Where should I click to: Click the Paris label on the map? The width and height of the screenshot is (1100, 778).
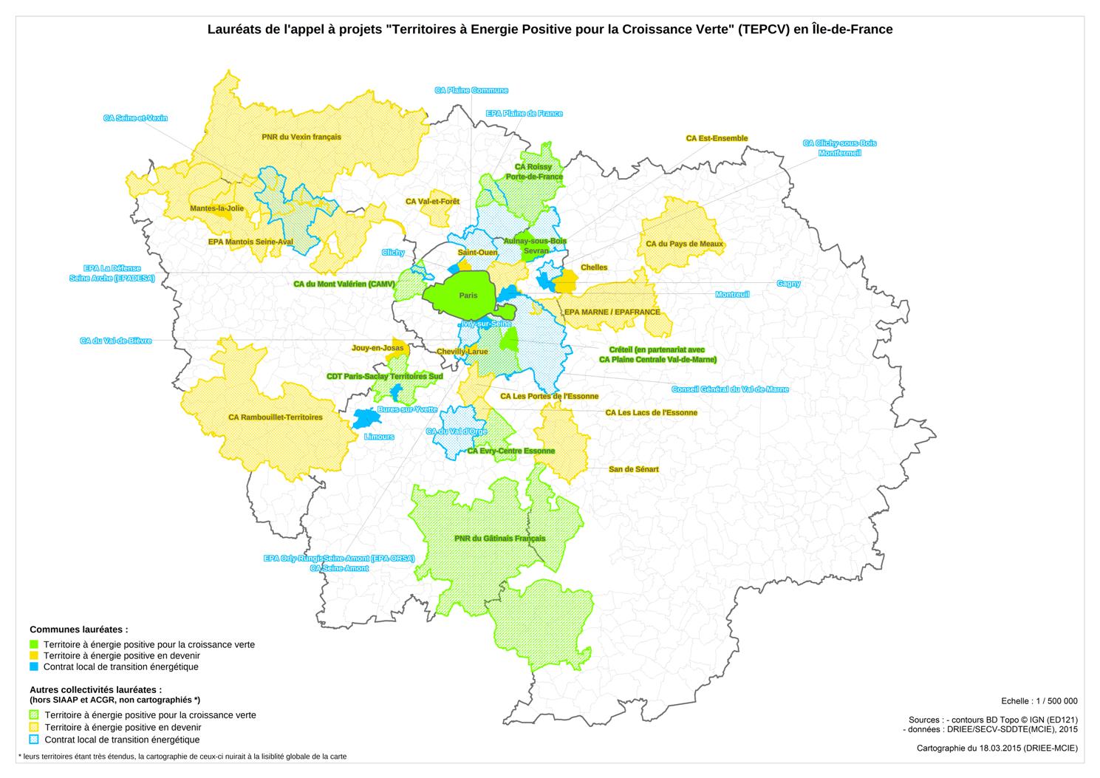468,296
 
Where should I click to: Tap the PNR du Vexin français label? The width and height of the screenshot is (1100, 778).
301,137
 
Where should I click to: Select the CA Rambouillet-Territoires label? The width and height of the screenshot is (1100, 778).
276,417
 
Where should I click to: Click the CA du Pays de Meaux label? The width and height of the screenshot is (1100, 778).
684,244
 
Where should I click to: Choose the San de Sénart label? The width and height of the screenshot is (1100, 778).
633,469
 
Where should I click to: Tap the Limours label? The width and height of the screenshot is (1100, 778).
379,437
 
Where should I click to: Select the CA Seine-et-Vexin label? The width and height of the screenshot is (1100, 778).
136,118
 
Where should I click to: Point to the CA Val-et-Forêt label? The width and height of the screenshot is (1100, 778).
432,201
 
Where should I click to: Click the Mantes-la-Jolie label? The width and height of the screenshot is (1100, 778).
216,208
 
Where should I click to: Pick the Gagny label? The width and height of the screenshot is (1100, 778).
788,284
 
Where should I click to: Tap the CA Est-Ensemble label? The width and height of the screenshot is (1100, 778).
717,138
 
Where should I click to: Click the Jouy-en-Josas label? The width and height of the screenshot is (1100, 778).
378,348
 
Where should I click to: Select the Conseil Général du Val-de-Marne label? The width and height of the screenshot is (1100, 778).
730,389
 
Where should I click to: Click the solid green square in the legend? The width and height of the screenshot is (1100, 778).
34,644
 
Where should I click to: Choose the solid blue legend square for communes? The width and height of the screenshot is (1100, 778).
34,666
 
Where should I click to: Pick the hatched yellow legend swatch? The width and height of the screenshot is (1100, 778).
34,727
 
